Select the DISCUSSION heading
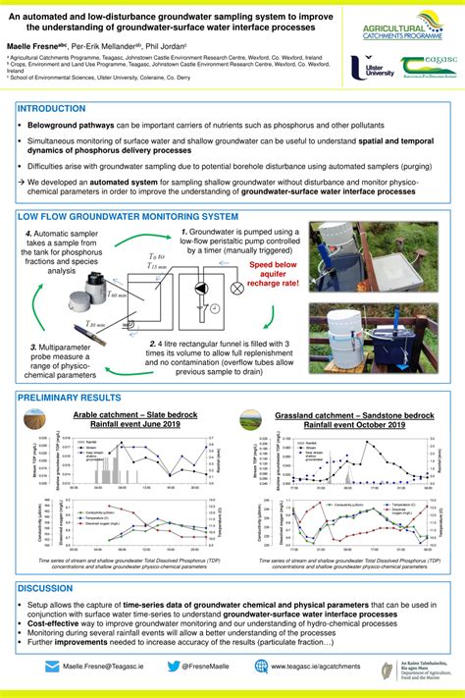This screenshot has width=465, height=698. [x=45, y=588]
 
